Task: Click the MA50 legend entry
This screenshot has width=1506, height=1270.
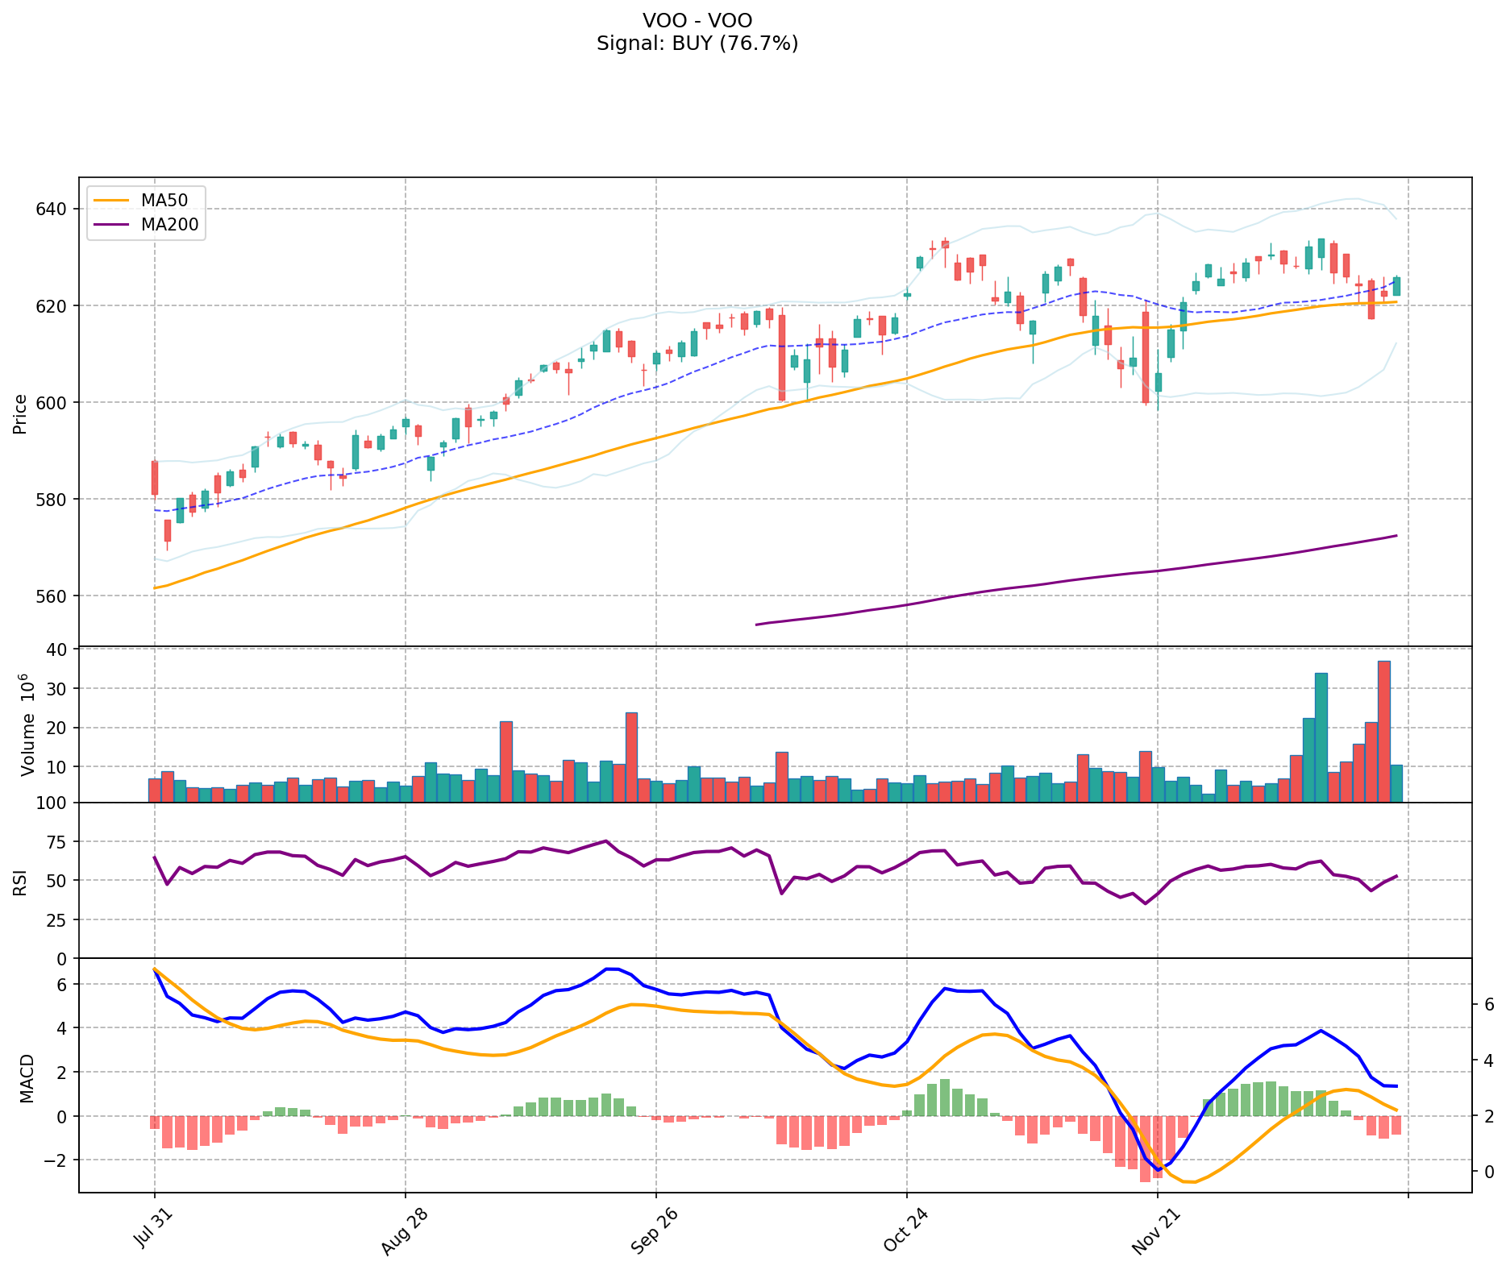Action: point(164,200)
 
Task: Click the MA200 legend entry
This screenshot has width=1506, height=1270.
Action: point(169,225)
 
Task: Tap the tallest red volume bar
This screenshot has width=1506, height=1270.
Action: point(1383,731)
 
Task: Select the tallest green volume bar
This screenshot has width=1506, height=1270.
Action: point(1321,737)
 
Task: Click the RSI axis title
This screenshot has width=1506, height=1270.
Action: point(20,882)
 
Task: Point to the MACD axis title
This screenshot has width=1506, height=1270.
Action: point(27,1077)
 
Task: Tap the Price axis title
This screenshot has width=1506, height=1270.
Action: point(20,413)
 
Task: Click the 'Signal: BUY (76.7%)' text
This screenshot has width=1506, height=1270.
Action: point(697,44)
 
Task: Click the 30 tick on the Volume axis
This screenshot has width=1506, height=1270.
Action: point(60,689)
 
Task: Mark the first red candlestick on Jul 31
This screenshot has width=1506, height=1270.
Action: point(155,478)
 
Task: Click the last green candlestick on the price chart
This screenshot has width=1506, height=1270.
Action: point(1396,286)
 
